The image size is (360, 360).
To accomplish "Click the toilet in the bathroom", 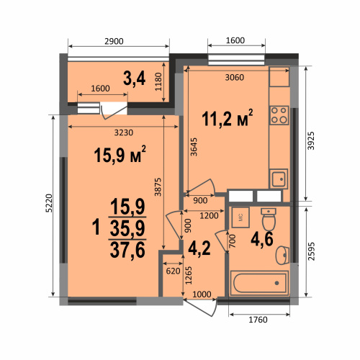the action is pyautogui.click(x=269, y=220).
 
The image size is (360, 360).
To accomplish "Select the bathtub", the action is pyautogui.click(x=259, y=283).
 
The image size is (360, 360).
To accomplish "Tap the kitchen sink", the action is pyautogui.click(x=279, y=179).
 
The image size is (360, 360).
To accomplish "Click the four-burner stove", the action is pyautogui.click(x=279, y=115).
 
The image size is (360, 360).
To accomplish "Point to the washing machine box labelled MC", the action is pyautogui.click(x=240, y=217).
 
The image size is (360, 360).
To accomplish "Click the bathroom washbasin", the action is pyautogui.click(x=282, y=255).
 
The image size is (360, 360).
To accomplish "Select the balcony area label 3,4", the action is pyautogui.click(x=134, y=78).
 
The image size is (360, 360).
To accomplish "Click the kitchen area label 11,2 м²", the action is pyautogui.click(x=228, y=118).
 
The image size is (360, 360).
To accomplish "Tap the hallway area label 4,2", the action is pyautogui.click(x=199, y=248).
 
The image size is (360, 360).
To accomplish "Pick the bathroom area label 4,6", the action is pyautogui.click(x=262, y=239).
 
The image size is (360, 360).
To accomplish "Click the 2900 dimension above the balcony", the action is pyautogui.click(x=114, y=41).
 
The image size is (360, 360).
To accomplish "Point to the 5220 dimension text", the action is pyautogui.click(x=49, y=203).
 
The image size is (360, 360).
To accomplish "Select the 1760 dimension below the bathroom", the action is pyautogui.click(x=258, y=320).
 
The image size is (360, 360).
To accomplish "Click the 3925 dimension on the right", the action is pyautogui.click(x=311, y=140).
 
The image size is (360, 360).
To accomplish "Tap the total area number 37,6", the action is pyautogui.click(x=127, y=250).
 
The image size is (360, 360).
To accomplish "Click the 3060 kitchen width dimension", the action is pyautogui.click(x=234, y=77).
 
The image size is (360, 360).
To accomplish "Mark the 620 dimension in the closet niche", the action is pyautogui.click(x=173, y=271).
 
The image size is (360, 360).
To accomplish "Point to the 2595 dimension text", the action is pyautogui.click(x=311, y=251).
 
